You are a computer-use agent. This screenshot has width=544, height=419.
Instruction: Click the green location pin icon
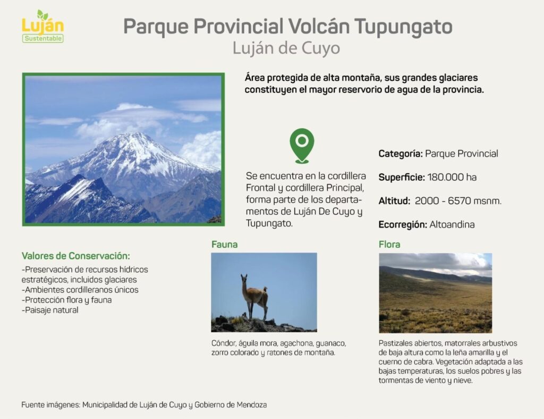[x=302, y=145]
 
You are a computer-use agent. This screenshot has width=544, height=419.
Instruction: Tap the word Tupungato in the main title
[x=403, y=27]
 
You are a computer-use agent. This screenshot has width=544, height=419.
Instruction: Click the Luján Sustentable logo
[x=42, y=27]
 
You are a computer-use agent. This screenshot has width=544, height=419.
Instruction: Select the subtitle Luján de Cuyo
[x=286, y=48]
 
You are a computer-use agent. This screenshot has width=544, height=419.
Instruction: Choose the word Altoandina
[x=452, y=224]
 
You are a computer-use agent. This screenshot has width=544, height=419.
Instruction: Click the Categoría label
[x=401, y=154]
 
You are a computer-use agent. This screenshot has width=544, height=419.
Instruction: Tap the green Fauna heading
[x=225, y=245]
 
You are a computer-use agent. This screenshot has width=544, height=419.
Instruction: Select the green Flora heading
[x=389, y=245]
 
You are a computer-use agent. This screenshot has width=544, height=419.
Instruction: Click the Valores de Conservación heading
[x=75, y=256]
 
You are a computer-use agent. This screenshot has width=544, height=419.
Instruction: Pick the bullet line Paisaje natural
[x=50, y=310]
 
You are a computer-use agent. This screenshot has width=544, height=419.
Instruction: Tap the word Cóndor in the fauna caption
[x=224, y=343]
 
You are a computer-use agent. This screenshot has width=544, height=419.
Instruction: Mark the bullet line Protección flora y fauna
[x=66, y=300]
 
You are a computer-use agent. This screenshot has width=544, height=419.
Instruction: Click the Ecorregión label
[x=403, y=224]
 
